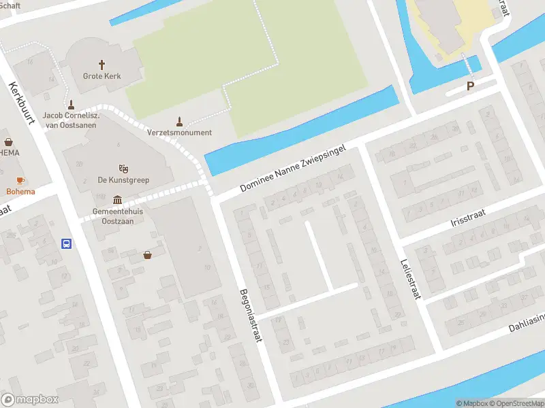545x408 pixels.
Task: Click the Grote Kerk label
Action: (x=102, y=76)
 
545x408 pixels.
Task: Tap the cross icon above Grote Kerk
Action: (x=102, y=65)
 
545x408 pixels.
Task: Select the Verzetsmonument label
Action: (x=179, y=133)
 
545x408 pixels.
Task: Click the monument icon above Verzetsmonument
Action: (x=179, y=121)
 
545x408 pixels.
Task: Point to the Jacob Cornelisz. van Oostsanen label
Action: (x=72, y=120)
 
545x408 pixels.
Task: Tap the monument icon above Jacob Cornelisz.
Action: (x=72, y=104)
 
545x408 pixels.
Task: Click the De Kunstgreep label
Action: (x=123, y=180)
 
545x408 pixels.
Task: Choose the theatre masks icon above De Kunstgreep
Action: (x=123, y=168)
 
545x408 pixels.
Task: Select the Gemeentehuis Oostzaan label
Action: (x=117, y=216)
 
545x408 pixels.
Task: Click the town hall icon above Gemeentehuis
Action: (x=117, y=200)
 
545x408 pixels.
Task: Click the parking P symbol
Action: (x=470, y=86)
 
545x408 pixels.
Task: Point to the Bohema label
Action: (x=20, y=192)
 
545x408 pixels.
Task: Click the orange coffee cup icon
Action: (x=20, y=180)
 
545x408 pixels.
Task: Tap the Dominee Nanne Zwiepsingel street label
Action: (x=294, y=168)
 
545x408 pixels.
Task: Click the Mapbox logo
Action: (x=30, y=400)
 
